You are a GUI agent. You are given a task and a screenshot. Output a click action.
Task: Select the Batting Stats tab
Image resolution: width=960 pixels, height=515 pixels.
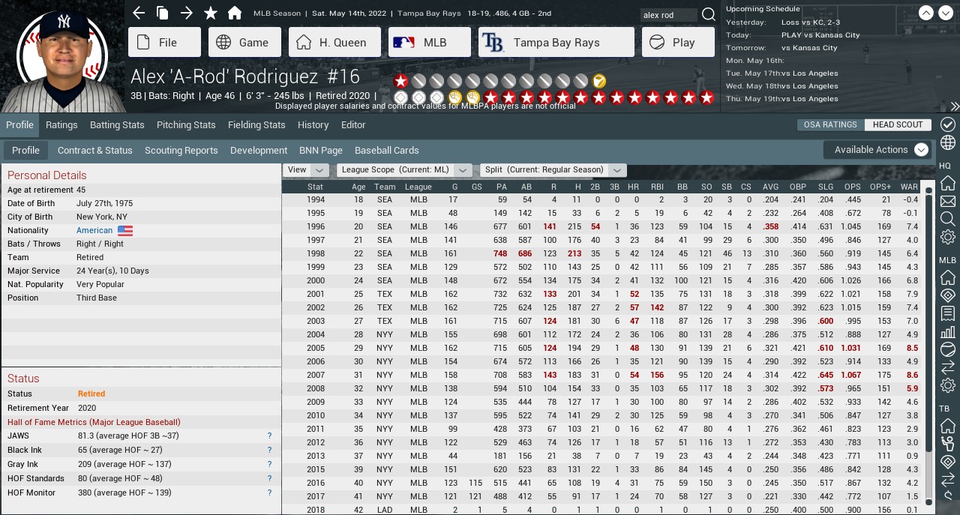coord(117,125)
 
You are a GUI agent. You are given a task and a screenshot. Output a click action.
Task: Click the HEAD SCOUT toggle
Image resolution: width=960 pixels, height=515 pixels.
coord(897,124)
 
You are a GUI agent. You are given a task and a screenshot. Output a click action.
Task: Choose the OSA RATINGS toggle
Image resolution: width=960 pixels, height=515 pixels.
coord(830,124)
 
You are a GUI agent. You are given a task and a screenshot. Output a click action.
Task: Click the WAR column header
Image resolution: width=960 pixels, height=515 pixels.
coord(909,187)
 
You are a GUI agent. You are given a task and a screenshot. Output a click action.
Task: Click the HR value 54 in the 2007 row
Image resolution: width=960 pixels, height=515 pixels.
coord(634,375)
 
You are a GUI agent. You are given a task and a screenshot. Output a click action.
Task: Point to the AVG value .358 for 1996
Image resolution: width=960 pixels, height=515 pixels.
coord(770,226)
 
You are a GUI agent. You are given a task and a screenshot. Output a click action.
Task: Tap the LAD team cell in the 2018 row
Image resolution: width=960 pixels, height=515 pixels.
coord(385,510)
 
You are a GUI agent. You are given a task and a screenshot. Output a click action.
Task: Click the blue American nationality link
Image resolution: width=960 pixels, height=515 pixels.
coord(94,231)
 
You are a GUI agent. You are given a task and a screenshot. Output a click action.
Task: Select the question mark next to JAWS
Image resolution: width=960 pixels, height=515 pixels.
coord(269,436)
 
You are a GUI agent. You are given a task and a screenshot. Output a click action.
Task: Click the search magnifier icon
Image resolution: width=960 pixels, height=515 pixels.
coord(708,15)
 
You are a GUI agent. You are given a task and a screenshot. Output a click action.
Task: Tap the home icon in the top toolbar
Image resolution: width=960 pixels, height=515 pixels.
coord(235,13)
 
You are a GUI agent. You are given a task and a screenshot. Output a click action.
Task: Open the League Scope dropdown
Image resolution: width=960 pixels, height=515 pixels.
coord(404,170)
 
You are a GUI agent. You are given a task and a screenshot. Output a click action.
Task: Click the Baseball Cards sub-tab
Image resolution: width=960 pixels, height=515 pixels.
coord(386,151)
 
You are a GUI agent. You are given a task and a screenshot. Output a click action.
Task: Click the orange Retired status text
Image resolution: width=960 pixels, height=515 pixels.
coord(91,394)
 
